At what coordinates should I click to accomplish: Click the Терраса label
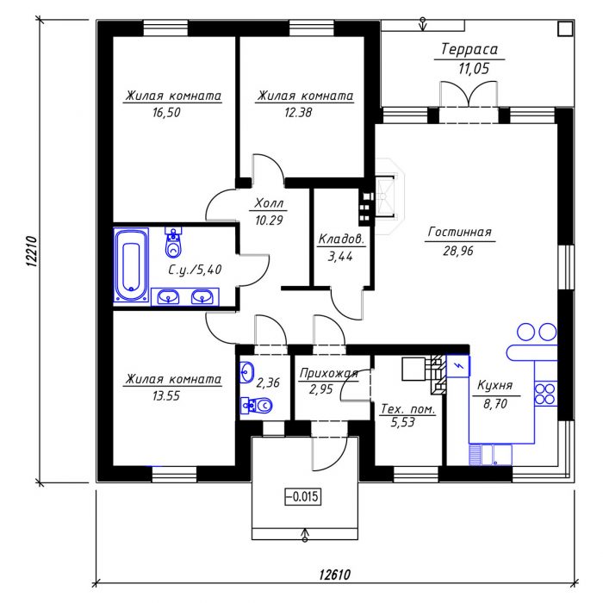point(469,49)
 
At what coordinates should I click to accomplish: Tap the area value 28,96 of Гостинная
point(458,252)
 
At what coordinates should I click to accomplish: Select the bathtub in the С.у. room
point(131,265)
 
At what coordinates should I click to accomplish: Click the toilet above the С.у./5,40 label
point(173,242)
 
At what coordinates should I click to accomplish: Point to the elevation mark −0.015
point(302,496)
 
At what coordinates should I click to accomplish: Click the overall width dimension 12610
point(334,575)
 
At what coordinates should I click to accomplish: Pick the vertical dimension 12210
point(32,252)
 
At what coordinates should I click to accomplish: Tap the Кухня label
point(495,385)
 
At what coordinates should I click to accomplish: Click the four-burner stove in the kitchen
point(545,394)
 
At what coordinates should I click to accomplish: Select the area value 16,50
point(166,113)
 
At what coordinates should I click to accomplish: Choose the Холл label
point(269,203)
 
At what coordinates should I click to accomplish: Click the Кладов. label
point(341,239)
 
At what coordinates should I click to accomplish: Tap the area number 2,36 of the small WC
point(268,382)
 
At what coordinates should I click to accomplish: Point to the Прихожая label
point(329,373)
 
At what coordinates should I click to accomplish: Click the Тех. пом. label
point(407,409)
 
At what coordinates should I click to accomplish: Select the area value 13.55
point(166,395)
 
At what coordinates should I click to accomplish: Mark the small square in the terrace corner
point(565,28)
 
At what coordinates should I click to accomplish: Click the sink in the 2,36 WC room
point(247,372)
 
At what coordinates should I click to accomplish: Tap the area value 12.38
point(298,113)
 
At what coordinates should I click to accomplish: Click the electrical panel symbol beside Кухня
point(457,366)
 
